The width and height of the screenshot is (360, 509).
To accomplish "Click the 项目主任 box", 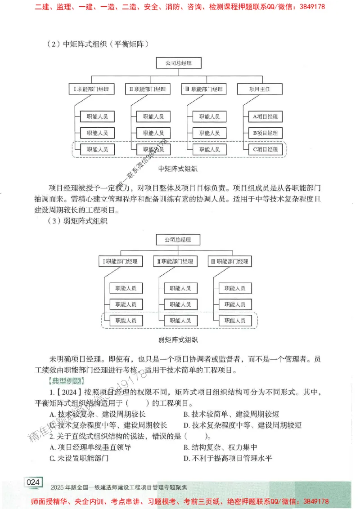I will click(260, 89).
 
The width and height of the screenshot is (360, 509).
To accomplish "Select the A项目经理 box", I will click(265, 117).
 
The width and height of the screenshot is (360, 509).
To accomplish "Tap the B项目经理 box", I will click(265, 133).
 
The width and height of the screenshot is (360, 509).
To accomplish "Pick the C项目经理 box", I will click(265, 149).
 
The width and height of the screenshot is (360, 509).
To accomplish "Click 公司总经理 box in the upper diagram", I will click(178, 63).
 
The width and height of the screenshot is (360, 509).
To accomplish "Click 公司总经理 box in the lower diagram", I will click(178, 240).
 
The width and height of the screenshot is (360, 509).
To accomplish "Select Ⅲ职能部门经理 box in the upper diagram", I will click(204, 89).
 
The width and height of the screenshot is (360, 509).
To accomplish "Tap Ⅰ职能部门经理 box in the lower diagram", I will click(121, 261).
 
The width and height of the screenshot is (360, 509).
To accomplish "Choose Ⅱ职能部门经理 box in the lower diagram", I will click(175, 261).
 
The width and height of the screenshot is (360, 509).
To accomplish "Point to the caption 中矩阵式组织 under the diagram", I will click(178, 169).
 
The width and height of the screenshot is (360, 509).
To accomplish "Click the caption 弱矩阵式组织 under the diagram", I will click(178, 339).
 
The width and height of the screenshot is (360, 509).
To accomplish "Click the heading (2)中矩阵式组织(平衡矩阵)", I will click(98, 44).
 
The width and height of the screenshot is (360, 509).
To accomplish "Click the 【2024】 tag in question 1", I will click(68, 392).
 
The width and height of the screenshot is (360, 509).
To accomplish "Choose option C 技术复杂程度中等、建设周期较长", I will click(108, 425).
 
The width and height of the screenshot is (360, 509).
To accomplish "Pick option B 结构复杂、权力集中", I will click(220, 447).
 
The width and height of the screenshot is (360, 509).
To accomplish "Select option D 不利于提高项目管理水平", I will click(227, 459).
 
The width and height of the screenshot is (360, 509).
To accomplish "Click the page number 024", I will click(33, 482).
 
